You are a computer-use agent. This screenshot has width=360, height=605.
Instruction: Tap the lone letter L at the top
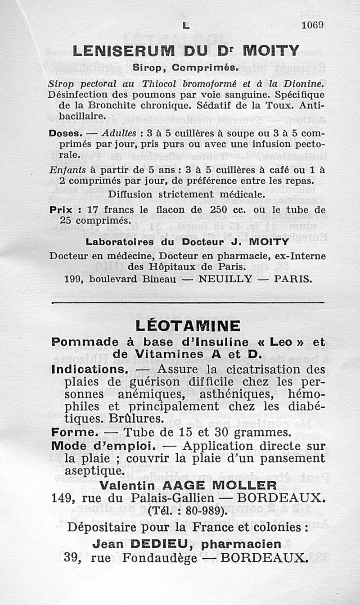[x=185, y=26]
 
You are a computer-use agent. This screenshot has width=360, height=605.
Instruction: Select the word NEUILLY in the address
[x=225, y=279]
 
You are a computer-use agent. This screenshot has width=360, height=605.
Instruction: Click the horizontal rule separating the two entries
[x=188, y=302]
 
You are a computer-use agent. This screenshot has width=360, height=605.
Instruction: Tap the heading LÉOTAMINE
[x=188, y=325]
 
